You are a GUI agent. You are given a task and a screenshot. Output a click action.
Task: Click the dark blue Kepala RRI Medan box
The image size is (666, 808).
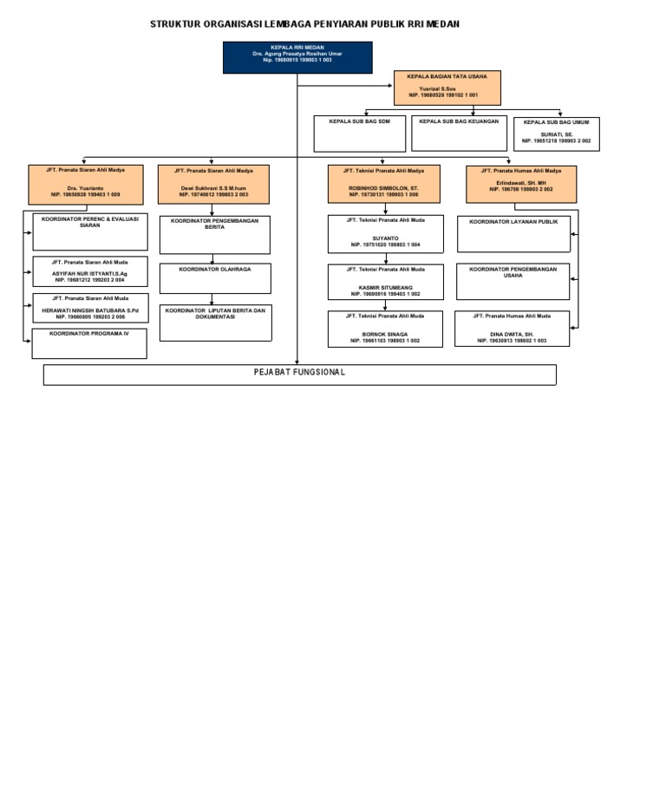297,56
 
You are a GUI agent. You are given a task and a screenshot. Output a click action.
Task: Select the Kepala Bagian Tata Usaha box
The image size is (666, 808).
447,88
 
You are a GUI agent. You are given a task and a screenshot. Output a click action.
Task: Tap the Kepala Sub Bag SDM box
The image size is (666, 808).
359,133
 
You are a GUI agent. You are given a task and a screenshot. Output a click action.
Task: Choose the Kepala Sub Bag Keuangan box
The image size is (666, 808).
459,133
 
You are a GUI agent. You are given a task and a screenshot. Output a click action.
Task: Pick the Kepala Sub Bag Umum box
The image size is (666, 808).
556,134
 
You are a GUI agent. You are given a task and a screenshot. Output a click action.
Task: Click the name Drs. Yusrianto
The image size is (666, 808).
84,188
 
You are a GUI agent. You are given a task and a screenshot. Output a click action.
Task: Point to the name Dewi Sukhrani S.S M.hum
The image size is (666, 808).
213,188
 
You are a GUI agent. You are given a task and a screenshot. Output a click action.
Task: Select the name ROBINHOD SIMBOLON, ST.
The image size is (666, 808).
383,188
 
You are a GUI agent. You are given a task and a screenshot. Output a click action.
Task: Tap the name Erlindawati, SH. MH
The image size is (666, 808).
521,183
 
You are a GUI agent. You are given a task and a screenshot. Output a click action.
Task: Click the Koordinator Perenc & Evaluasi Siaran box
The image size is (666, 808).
90,231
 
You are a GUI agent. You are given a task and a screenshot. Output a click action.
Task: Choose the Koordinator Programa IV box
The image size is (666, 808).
88,342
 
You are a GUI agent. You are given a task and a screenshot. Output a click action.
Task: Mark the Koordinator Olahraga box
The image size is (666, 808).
214,278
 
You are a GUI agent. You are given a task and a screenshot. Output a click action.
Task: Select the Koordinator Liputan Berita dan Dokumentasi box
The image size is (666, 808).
214,323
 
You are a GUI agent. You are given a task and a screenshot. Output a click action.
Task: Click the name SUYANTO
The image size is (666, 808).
385,238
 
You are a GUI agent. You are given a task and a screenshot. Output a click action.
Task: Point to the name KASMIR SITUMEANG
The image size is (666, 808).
385,287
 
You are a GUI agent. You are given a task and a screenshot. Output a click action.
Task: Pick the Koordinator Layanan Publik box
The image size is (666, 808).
513,233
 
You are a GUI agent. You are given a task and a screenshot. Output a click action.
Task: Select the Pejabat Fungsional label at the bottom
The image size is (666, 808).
299,373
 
